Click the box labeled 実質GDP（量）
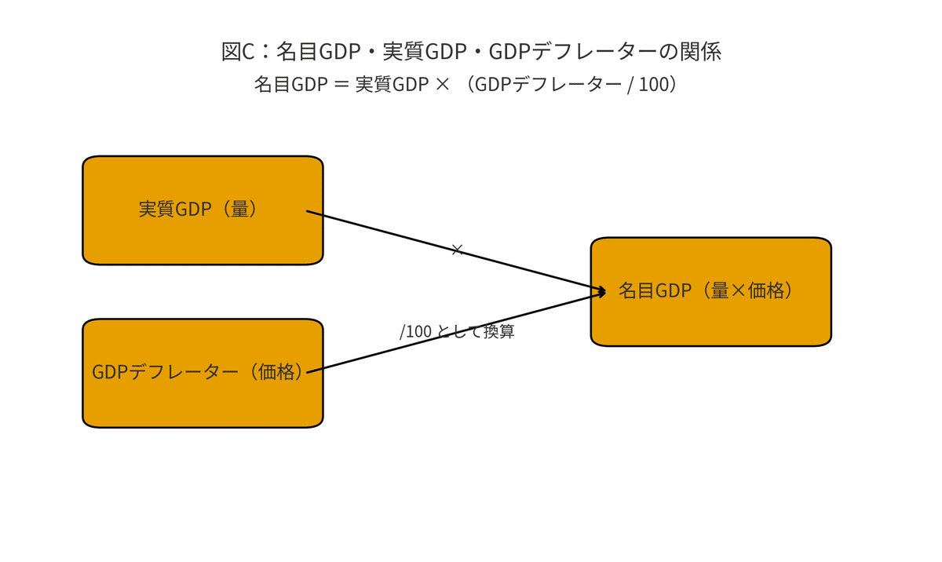click(203, 210)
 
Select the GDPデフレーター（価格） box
click(203, 374)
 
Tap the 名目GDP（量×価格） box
click(710, 291)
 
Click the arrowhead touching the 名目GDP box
click(601, 291)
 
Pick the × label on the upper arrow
click(458, 250)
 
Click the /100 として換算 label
click(457, 331)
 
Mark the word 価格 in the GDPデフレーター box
click(276, 372)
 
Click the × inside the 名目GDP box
click(737, 291)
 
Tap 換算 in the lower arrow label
click(499, 331)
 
